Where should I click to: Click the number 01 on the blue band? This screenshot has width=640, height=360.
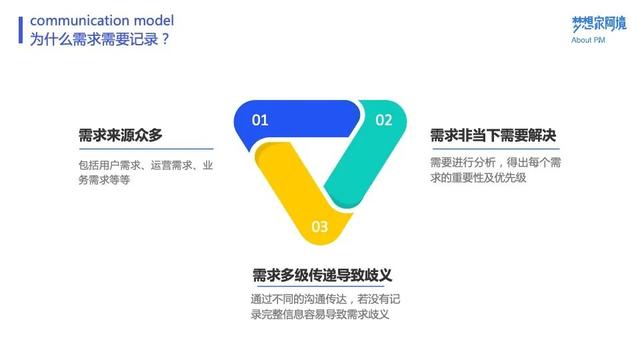pyautogui.click(x=260, y=120)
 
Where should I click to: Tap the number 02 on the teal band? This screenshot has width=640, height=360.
pyautogui.click(x=384, y=120)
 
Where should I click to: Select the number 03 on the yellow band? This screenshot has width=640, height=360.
pyautogui.click(x=320, y=226)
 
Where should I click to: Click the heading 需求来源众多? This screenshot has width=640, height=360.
pyautogui.click(x=121, y=135)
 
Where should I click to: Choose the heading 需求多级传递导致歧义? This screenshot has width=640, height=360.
pyautogui.click(x=320, y=274)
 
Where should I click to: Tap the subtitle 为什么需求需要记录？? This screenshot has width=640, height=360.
pyautogui.click(x=99, y=39)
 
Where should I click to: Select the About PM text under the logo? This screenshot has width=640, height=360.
pyautogui.click(x=589, y=41)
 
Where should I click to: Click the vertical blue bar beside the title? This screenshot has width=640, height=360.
pyautogui.click(x=21, y=29)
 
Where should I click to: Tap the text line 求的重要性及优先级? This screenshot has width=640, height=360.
pyautogui.click(x=477, y=178)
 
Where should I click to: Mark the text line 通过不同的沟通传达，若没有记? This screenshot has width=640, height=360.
pyautogui.click(x=325, y=299)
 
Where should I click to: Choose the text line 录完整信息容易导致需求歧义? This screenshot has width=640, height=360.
pyautogui.click(x=319, y=315)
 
